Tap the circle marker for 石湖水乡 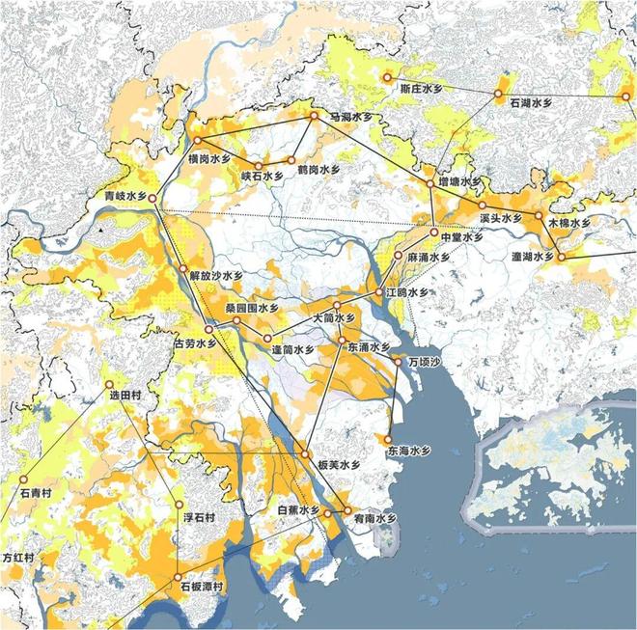[499, 95]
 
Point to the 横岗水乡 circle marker [197, 142]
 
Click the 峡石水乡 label [263, 177]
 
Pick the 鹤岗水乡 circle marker [290, 160]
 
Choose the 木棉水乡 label [568, 222]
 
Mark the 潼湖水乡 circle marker [560, 256]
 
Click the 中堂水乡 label [460, 236]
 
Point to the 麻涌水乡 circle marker [398, 257]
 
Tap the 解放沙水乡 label [217, 275]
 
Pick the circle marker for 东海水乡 [388, 439]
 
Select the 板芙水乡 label [339, 465]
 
